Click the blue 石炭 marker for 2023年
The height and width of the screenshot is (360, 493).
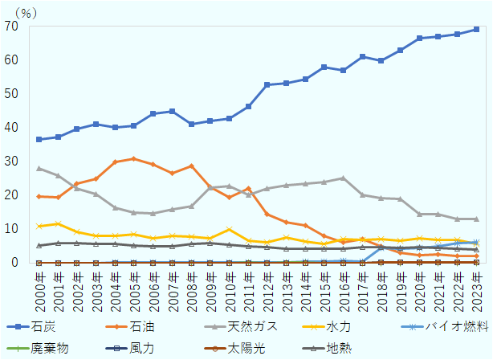point(476,29)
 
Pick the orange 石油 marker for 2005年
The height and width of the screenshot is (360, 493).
point(134,158)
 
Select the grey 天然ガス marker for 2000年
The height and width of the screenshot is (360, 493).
point(39,168)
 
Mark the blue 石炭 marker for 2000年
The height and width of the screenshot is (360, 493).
point(39,139)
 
